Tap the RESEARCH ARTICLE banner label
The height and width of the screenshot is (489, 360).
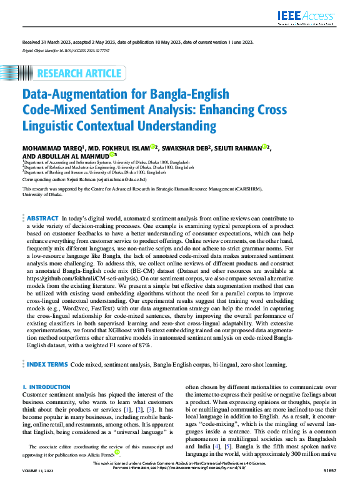pyautogui.click(x=79, y=74)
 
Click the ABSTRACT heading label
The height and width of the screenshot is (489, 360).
pyautogui.click(x=42, y=219)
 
